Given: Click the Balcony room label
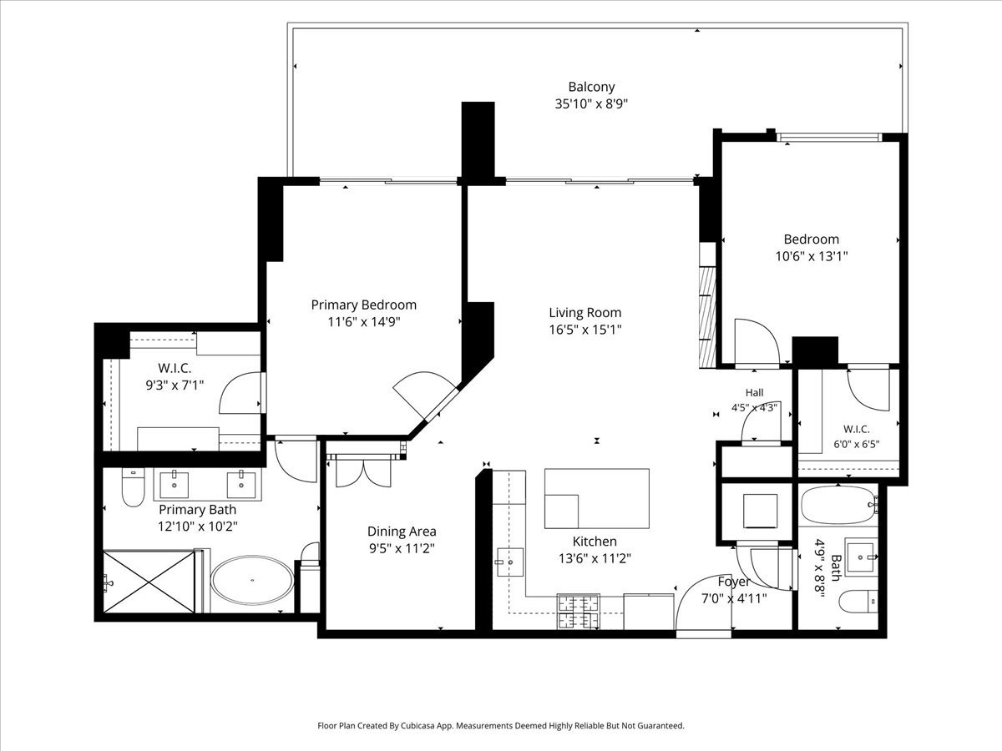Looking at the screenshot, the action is [x=591, y=87].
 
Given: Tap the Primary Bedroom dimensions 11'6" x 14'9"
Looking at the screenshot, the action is [x=364, y=322].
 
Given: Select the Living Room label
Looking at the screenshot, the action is [x=584, y=313].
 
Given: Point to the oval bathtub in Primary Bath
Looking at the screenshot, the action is [x=252, y=580].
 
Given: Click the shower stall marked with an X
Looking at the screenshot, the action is [x=149, y=582].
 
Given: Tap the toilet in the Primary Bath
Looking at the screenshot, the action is [x=133, y=487].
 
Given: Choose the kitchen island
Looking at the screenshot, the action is [x=597, y=498].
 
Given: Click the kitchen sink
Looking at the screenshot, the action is [x=510, y=562].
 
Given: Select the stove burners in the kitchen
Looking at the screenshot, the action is [x=579, y=612].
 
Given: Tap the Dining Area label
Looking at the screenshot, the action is [x=402, y=532].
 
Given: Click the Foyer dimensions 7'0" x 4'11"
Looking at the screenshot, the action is [x=734, y=598].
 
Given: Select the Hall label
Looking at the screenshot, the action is [x=755, y=392].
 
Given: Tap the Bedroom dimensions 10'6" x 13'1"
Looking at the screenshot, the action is [x=811, y=256].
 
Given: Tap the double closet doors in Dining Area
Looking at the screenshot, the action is [x=363, y=473].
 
